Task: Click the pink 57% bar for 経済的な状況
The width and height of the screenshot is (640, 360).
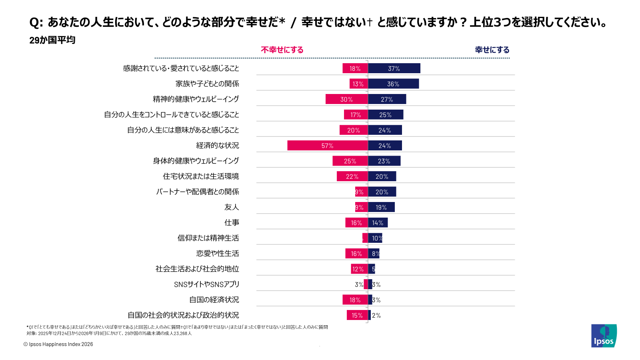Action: [x=327, y=146]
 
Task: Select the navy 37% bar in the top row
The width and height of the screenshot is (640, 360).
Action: [x=394, y=68]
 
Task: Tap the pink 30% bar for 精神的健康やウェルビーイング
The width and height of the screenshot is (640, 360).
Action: [x=346, y=99]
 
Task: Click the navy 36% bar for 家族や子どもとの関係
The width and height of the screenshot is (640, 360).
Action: [x=393, y=84]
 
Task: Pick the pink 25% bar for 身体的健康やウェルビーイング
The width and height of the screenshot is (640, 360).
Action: [x=350, y=161]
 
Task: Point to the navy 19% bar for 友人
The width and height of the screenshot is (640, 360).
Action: [x=381, y=207]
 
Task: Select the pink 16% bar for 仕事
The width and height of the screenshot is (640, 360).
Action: [x=356, y=223]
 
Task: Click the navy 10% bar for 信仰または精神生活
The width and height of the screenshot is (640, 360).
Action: [x=375, y=238]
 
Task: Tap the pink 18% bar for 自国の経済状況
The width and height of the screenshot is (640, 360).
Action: [x=355, y=300]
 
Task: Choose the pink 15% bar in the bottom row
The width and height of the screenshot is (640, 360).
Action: [x=357, y=315]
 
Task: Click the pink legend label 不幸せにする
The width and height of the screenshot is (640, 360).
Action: [x=282, y=50]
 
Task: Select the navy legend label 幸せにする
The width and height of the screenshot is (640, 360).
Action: [x=492, y=50]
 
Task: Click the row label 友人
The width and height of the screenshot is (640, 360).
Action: [x=232, y=207]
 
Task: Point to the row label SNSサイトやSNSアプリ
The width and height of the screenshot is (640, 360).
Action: [x=206, y=284]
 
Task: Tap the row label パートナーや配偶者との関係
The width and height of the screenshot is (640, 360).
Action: [x=198, y=192]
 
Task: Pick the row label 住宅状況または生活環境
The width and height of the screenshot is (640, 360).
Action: [x=201, y=176]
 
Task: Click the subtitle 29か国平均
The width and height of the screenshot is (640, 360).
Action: [x=52, y=40]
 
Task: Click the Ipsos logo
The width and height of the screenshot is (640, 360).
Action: [x=604, y=336]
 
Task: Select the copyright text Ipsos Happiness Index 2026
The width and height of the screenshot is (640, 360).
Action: [x=58, y=344]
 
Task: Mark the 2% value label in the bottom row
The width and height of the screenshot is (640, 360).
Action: [x=376, y=316]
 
